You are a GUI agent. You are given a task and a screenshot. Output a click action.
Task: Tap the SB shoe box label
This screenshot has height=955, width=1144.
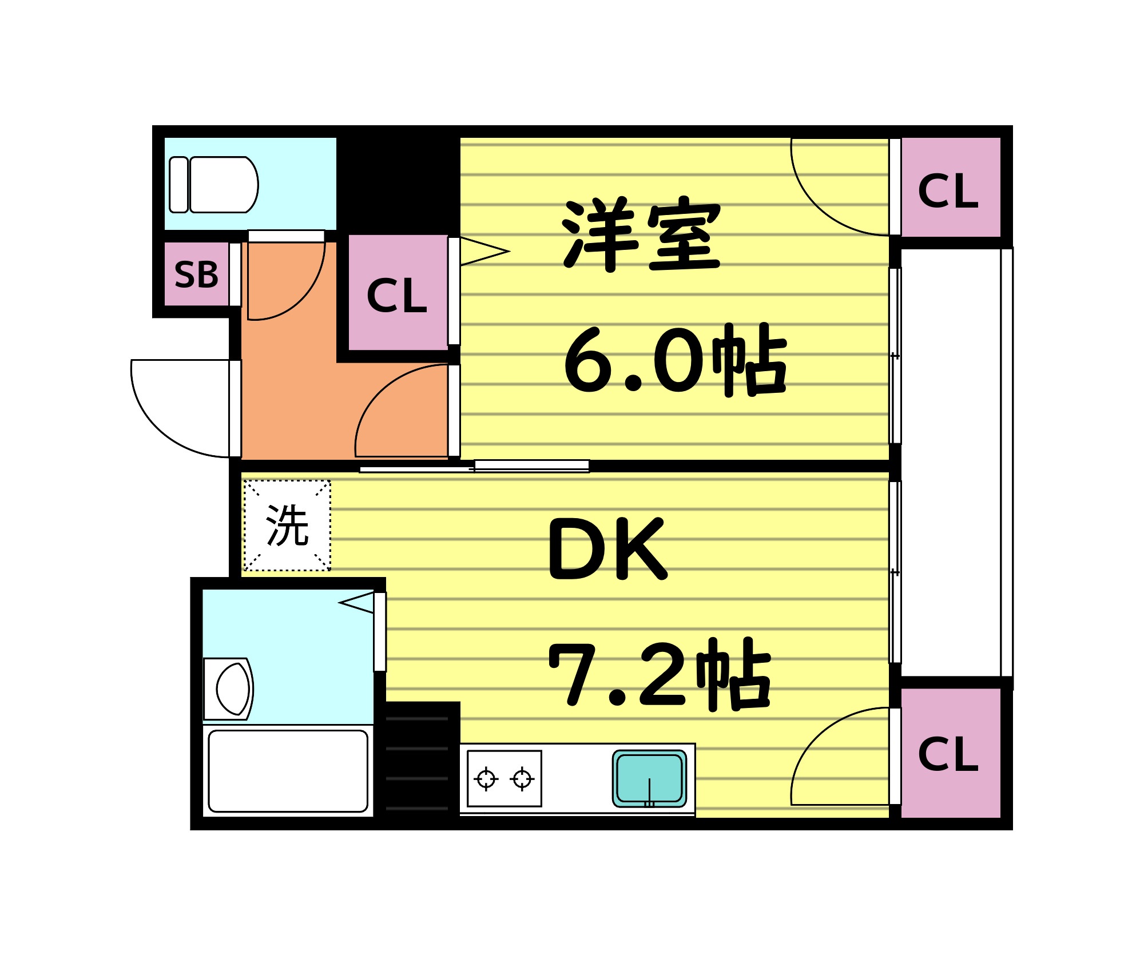coord(196,274)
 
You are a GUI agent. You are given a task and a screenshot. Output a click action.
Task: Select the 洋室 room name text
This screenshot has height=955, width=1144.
coord(641,234)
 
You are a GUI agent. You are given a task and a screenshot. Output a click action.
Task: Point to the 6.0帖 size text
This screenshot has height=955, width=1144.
coord(675,360)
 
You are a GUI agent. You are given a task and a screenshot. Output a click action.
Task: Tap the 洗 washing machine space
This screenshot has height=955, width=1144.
coord(287,525)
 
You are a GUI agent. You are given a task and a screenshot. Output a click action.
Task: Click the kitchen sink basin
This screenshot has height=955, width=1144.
coord(649,778)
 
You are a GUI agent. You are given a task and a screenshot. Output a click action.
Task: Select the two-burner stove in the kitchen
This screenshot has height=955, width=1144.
coord(504,778)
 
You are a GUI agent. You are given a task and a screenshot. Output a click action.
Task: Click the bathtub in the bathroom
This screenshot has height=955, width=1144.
coord(288,771)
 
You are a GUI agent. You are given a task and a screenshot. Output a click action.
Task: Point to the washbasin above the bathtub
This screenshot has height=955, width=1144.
coord(229,689)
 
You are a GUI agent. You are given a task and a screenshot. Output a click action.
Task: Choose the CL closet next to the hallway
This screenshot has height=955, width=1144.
coord(398,295)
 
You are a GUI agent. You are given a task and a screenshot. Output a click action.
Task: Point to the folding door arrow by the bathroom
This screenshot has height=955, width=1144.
coord(358,603)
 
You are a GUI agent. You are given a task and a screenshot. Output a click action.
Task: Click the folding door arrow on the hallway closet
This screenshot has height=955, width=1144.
coord(483,251)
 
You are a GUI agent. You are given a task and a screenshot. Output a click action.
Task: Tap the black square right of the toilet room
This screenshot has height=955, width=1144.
coord(399,183)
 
